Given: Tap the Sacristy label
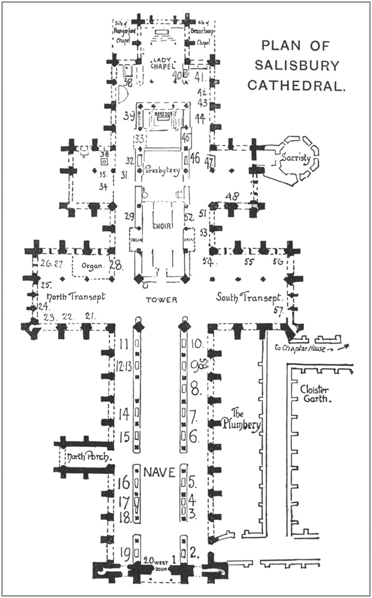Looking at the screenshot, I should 295,158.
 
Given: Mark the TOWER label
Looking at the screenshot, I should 162,300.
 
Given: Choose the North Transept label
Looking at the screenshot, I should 75,297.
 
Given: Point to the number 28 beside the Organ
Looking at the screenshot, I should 117,265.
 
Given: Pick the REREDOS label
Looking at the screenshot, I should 163,115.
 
